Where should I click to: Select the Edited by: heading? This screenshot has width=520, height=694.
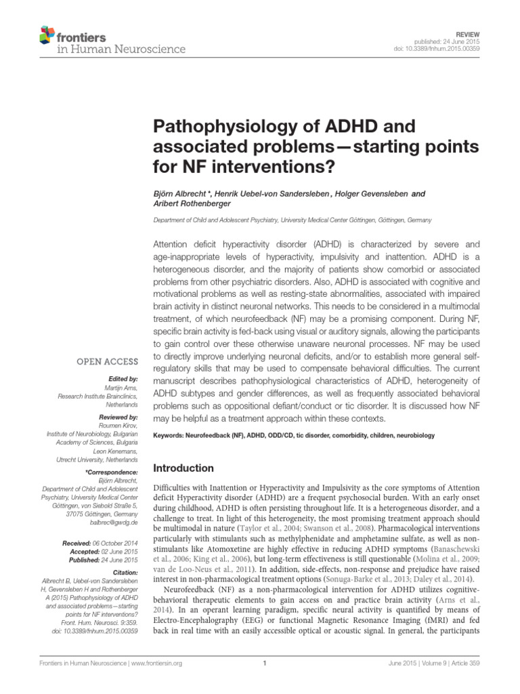[x=123, y=378]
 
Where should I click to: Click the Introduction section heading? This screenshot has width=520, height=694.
[x=183, y=468]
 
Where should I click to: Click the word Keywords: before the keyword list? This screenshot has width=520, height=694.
[x=171, y=435]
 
